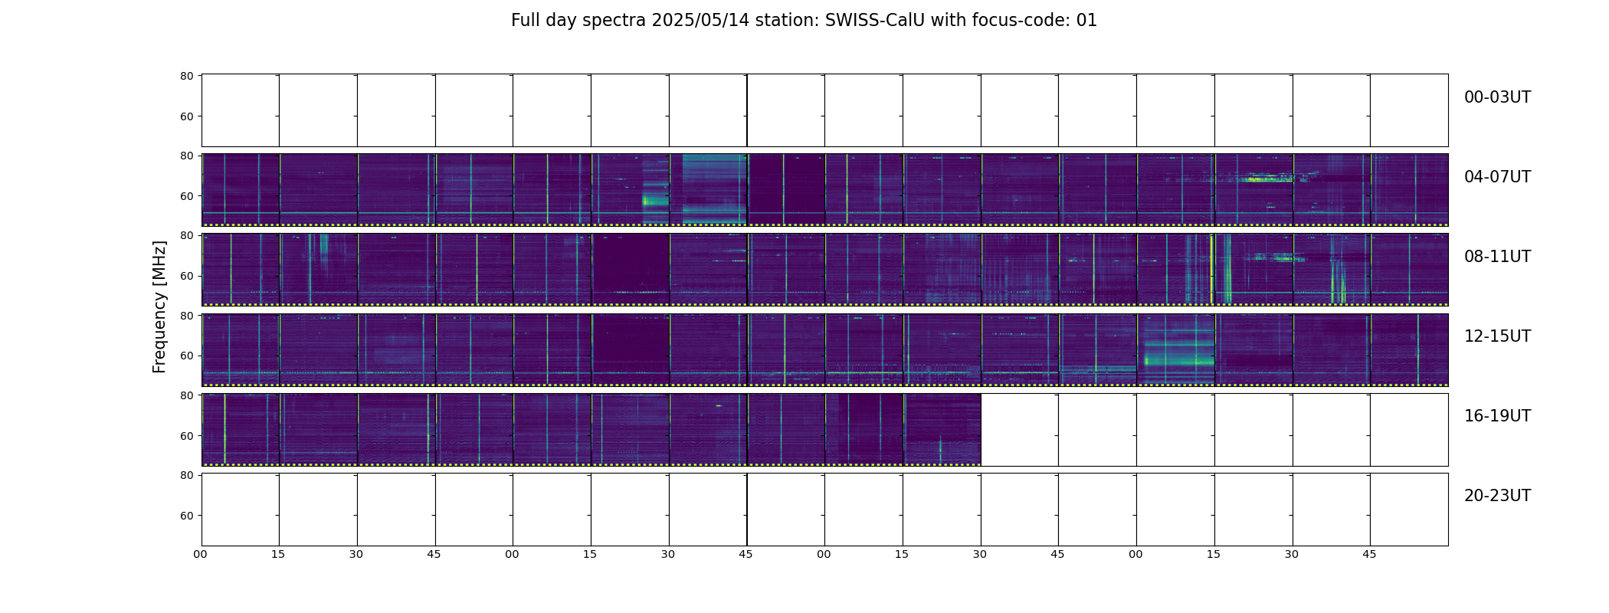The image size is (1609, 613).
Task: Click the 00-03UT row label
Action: tap(1497, 97)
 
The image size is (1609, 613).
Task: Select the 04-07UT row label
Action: tap(1497, 177)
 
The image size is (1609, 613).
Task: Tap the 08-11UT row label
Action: tap(1497, 257)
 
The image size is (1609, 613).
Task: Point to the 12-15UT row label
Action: tap(1497, 336)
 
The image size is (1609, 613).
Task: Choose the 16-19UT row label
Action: tap(1497, 416)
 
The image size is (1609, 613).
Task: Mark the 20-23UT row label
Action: tap(1497, 496)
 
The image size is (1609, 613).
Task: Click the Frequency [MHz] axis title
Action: tap(159, 306)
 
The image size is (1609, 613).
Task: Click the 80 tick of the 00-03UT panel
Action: tap(186, 76)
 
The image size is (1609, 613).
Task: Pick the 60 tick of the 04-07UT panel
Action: tap(186, 196)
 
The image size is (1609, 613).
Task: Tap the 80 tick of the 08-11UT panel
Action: tap(186, 236)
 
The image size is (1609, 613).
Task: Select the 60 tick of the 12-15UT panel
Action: tap(186, 356)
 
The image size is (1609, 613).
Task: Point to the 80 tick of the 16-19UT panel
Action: tap(186, 395)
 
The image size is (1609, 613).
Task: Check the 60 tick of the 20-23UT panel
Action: tap(186, 516)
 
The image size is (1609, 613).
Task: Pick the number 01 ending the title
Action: tap(1086, 21)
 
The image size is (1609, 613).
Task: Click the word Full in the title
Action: tap(525, 21)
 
